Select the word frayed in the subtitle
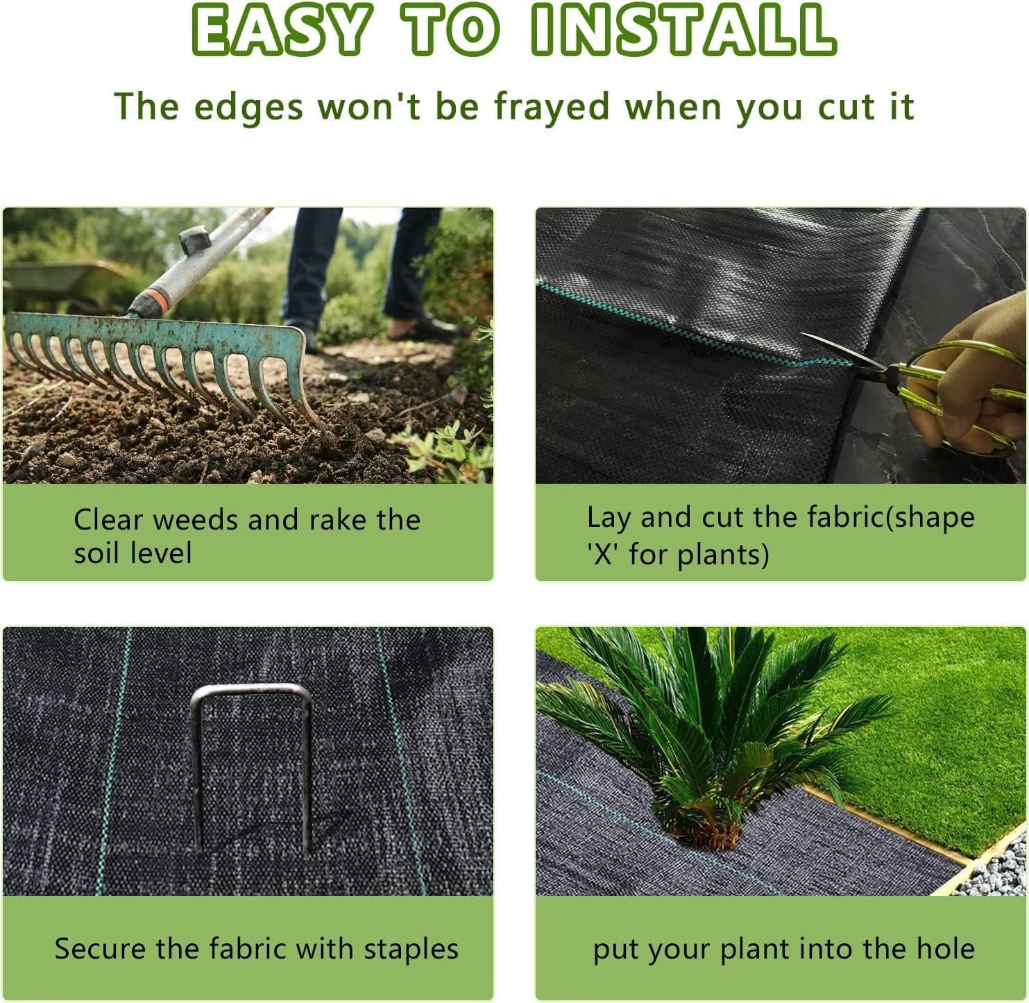coord(552,107)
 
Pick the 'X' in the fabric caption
coord(604,555)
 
